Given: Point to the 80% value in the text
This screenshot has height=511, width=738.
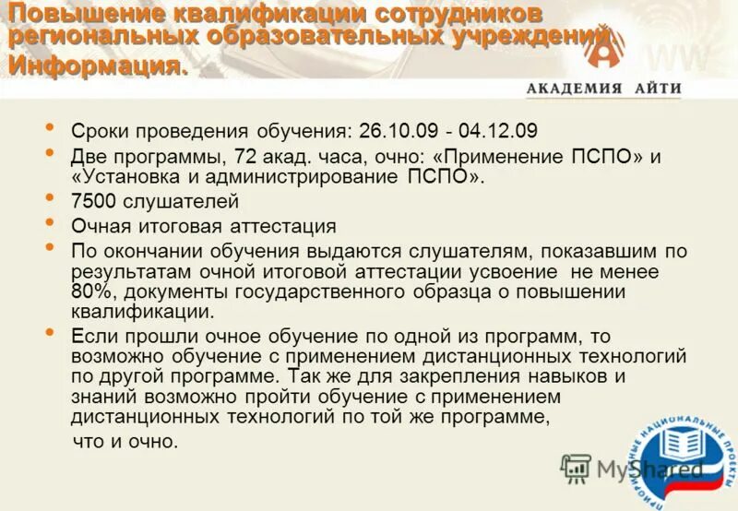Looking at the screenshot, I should pos(90,292).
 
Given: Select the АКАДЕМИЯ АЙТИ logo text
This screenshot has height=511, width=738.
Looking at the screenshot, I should pos(603,89).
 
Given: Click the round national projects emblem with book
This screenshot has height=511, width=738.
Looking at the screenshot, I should pos(687,452).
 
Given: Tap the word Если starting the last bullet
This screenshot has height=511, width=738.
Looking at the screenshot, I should pos(90,337).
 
